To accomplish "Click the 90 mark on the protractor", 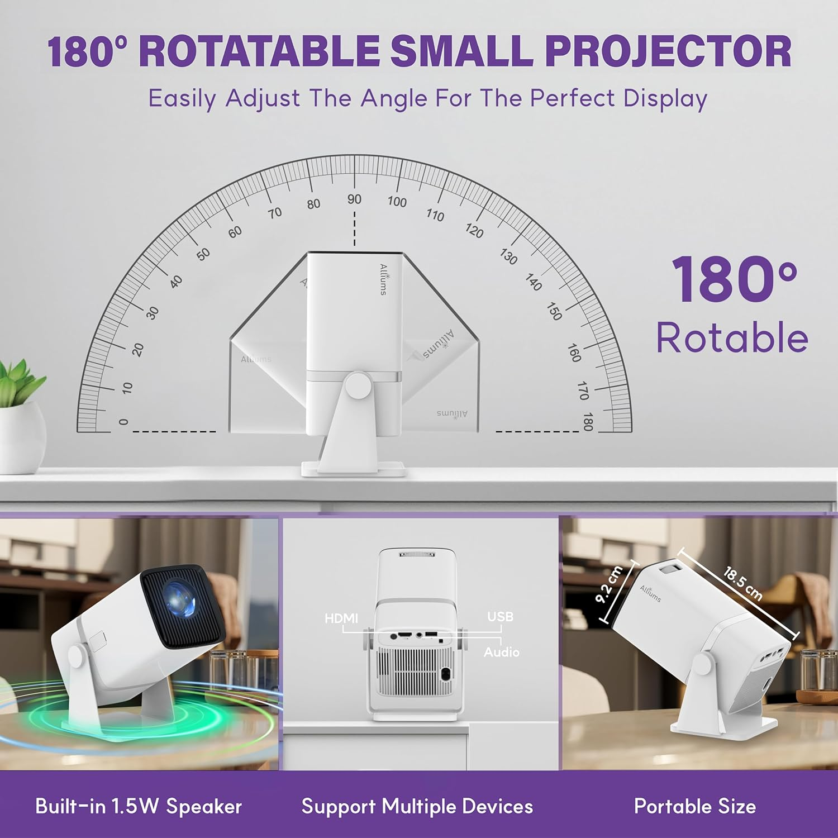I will pos(354,199).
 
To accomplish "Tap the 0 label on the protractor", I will pos(124,422).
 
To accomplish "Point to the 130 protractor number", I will pos(508,256).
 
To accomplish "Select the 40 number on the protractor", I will pos(176,282).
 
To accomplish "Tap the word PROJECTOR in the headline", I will pos(668,51).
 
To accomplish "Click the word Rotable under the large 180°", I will pos(732,338).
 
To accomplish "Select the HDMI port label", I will pos(341,618).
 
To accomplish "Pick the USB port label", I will pos(500,617).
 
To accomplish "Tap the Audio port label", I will pos(502,652).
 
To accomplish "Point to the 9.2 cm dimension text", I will pos(609,585).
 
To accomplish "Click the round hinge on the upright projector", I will pos(358,385).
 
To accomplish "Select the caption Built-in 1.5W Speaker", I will pos(139,806).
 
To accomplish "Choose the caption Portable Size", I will pos(695,806).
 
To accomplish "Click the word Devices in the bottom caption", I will pos(498,806).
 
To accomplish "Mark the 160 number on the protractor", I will pos(574,353).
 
